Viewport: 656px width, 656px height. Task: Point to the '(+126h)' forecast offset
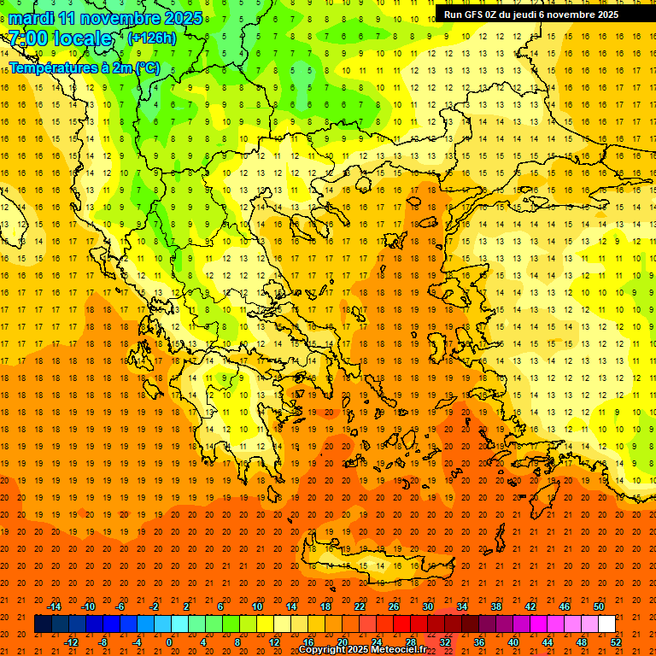151,38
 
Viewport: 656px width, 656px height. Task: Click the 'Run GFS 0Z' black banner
531,14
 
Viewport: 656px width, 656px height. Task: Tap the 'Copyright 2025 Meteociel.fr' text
362,650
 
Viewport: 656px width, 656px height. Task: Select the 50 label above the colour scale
598,606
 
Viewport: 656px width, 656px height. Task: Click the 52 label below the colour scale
615,642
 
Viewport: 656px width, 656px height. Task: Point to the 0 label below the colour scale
169,642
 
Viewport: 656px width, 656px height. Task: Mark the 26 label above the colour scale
394,606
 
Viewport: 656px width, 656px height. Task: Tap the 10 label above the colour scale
257,606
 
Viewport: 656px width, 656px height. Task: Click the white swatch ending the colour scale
606,624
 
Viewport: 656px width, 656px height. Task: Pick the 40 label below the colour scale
513,642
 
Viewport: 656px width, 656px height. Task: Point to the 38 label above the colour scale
496,606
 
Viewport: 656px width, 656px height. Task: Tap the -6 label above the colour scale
120,606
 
